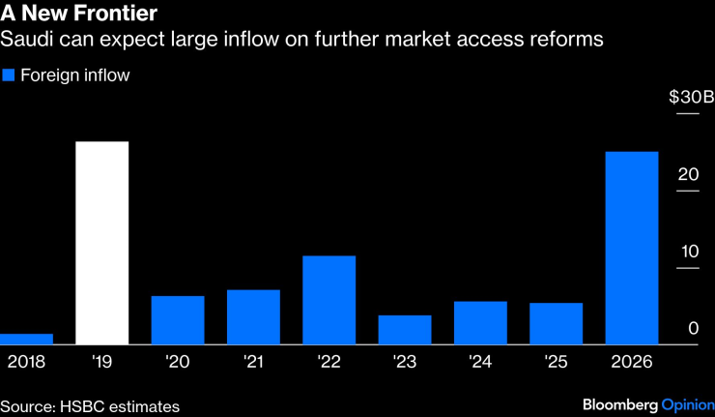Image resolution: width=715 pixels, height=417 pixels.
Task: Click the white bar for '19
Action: click(101, 243)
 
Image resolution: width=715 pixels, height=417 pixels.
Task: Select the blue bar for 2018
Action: click(26, 339)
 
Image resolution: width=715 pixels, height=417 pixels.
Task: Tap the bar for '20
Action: click(178, 320)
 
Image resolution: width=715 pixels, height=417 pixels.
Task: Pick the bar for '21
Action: click(253, 316)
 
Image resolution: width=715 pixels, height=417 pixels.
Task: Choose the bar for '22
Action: click(329, 300)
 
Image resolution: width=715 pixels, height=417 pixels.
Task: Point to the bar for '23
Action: click(404, 330)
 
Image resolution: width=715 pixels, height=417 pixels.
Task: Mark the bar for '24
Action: click(480, 322)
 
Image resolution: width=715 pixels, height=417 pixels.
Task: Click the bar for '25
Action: click(556, 323)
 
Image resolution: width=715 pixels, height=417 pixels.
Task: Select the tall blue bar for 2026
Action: click(631, 248)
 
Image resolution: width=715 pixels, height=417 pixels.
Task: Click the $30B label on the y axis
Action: click(691, 97)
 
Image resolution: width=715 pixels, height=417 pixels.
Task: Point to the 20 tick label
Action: click(688, 174)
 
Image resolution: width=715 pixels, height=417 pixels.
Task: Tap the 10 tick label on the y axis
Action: click(688, 252)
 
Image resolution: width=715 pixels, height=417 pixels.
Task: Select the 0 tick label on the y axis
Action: click(693, 329)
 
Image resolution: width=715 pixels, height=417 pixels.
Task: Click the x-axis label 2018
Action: click(26, 361)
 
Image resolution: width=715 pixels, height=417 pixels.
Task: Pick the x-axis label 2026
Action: click(632, 361)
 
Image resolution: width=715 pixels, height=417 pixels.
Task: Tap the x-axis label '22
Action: click(329, 361)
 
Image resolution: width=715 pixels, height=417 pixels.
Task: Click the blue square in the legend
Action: click(9, 74)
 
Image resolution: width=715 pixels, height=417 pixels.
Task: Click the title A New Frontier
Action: click(79, 15)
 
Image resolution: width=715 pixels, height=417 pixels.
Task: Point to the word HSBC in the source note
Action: click(82, 406)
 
